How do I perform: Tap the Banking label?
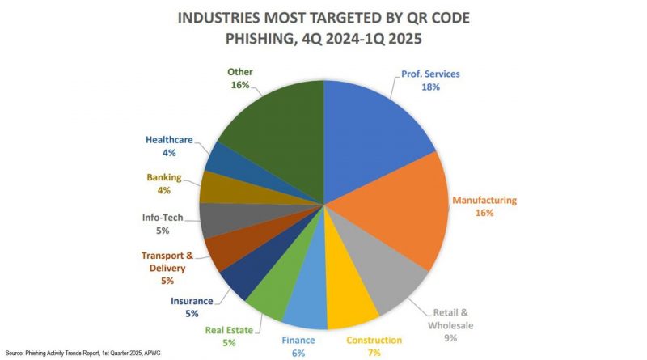coord(163,177)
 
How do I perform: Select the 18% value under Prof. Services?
coord(429,87)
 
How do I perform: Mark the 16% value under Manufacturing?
coord(484,214)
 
